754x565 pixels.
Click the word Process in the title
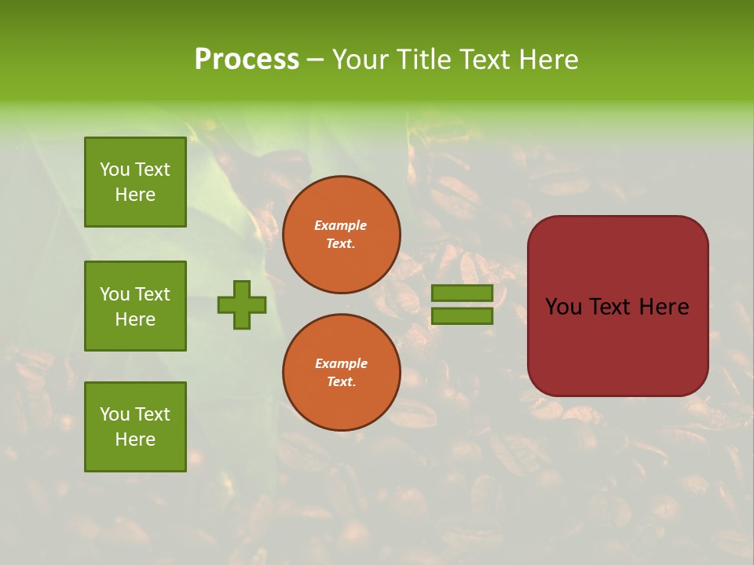tap(247, 60)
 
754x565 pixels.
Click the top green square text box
tap(135, 182)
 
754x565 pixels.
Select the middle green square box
tap(135, 306)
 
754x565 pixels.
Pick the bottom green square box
tap(135, 426)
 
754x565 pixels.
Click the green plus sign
tap(242, 304)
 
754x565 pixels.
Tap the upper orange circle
tap(342, 235)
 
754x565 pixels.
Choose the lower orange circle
tap(342, 373)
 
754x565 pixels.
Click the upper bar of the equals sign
tap(462, 293)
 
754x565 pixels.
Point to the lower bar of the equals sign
tap(462, 316)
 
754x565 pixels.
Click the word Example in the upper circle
tap(341, 225)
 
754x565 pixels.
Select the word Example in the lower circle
tap(341, 363)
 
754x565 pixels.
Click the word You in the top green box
tap(115, 169)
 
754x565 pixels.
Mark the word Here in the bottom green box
tap(135, 439)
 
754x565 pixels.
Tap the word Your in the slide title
tap(360, 60)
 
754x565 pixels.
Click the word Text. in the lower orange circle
tap(341, 381)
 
